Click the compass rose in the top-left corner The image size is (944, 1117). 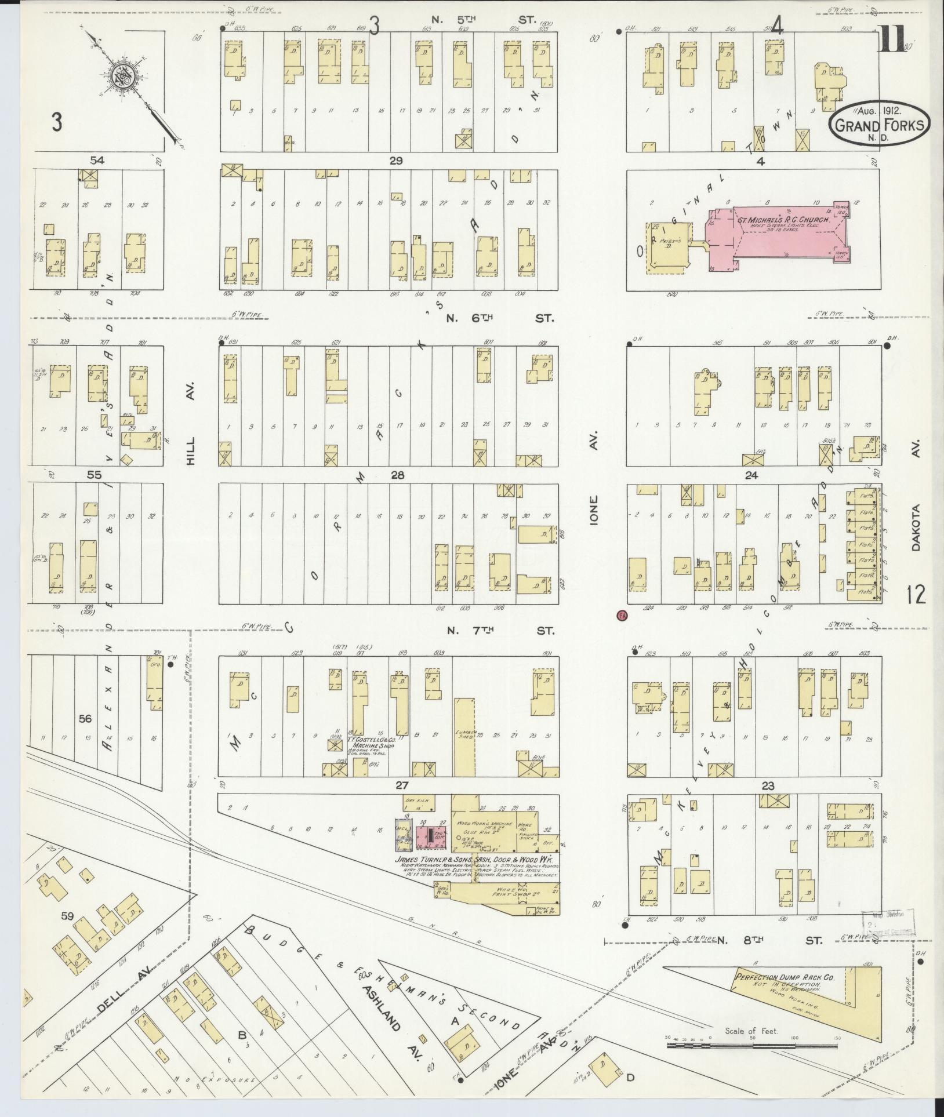tap(125, 75)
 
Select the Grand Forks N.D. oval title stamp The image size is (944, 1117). tap(878, 123)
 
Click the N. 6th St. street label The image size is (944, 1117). tap(499, 318)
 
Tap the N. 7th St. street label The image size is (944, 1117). tap(499, 631)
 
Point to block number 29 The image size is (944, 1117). tap(396, 161)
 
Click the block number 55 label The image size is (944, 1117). tap(94, 475)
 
